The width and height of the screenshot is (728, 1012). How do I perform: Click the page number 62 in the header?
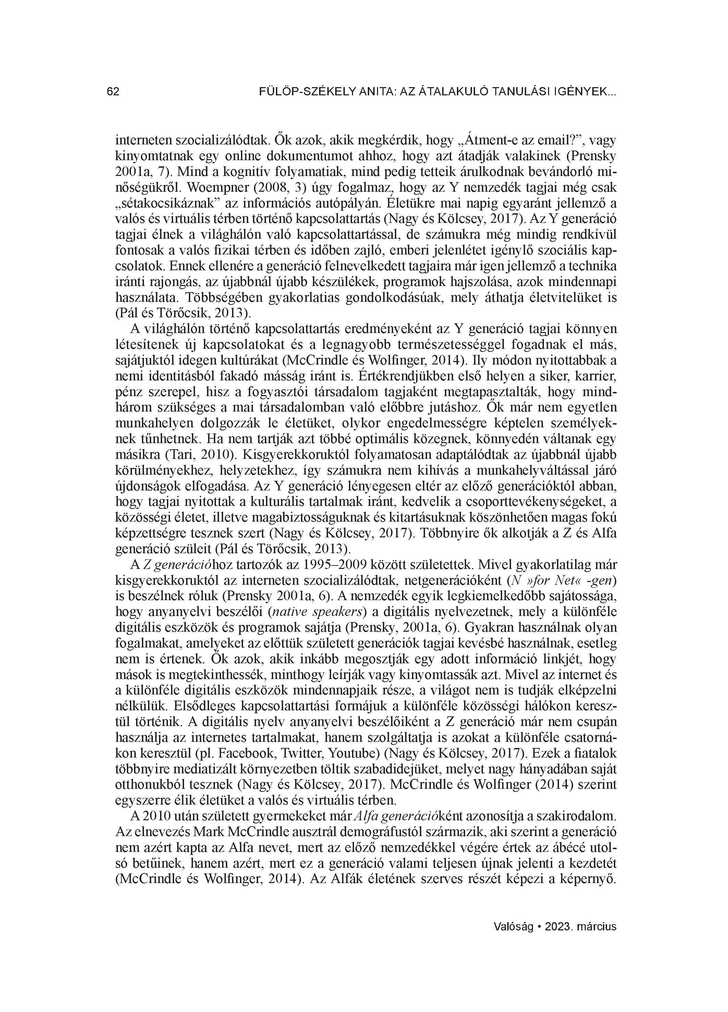point(113,92)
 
